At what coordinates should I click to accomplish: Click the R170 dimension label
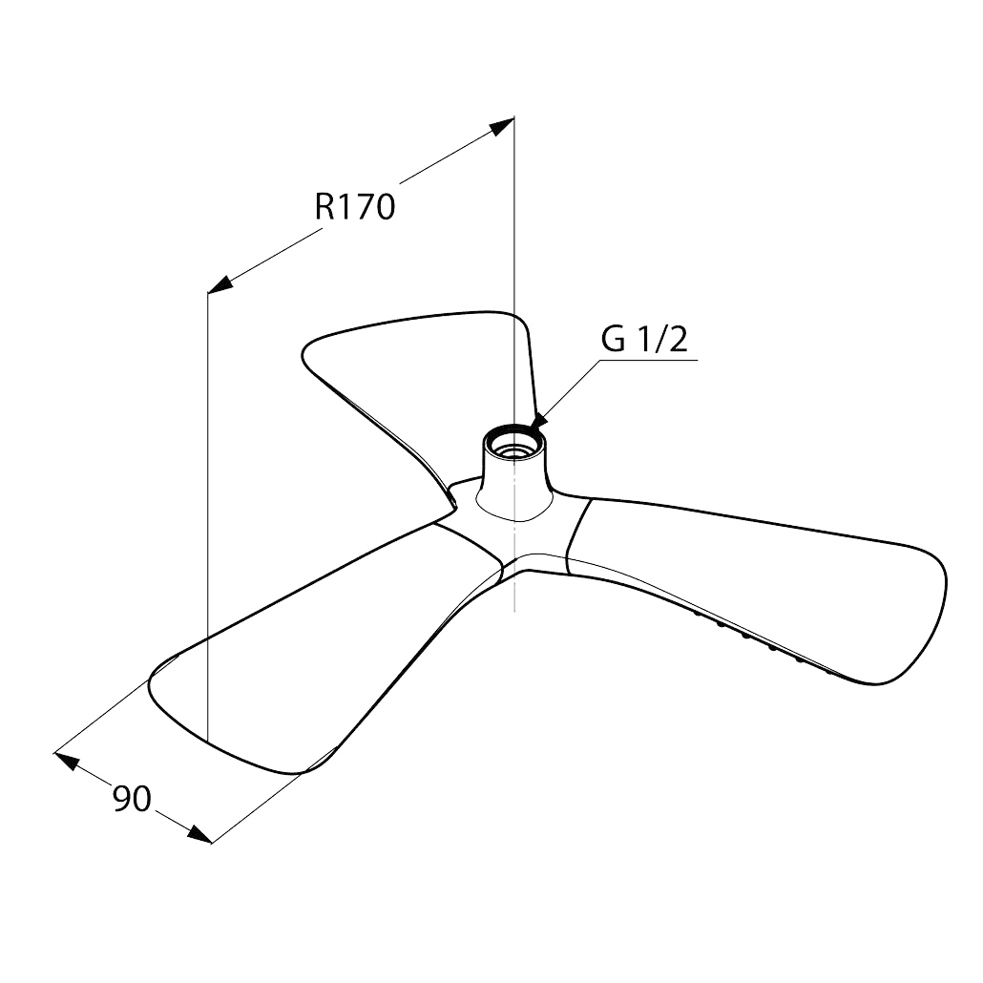click(x=355, y=206)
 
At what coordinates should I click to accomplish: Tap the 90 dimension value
click(x=133, y=799)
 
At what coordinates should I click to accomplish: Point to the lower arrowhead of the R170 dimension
click(x=220, y=284)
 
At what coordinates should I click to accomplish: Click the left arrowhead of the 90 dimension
click(x=67, y=761)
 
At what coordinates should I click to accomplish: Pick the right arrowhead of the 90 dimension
click(x=200, y=834)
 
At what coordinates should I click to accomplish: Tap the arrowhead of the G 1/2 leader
click(x=538, y=421)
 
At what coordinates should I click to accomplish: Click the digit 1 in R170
click(x=345, y=206)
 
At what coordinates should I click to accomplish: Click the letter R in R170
click(x=324, y=206)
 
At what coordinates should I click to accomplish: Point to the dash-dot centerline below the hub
click(x=514, y=564)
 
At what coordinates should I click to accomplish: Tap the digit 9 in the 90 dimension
click(x=122, y=799)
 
